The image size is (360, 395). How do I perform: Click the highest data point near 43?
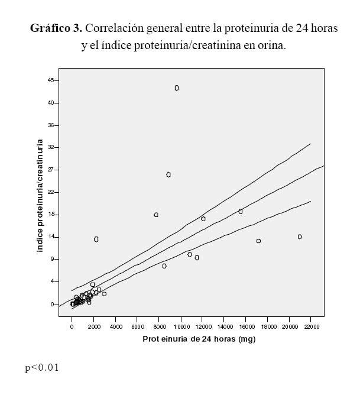(177, 88)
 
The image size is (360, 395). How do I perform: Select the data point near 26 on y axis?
(168, 175)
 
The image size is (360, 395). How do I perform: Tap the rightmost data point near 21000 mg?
(300, 237)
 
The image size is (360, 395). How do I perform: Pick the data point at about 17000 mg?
(258, 241)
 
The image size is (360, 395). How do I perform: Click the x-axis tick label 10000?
(180, 326)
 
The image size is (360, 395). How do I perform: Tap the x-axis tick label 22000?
(312, 326)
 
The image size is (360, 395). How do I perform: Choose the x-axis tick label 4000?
(116, 326)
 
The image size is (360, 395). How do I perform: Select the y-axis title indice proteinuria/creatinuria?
(41, 196)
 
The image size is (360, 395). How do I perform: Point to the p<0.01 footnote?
(42, 368)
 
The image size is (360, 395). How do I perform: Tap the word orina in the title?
(272, 46)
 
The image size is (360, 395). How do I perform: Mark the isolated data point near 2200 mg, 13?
(96, 239)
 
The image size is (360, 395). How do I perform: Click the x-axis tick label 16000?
(246, 326)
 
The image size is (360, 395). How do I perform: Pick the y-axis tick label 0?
(53, 305)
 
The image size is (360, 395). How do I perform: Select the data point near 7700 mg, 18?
(156, 215)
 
